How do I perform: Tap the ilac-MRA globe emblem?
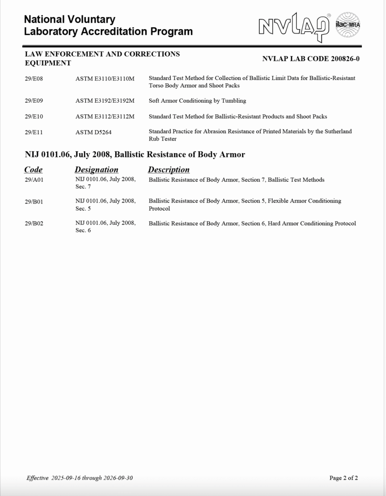click(348, 25)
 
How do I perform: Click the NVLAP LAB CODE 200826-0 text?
click(310, 59)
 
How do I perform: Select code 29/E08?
click(34, 78)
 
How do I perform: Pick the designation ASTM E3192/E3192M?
click(105, 101)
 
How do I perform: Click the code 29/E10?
click(34, 117)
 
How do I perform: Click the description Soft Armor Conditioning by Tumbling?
click(197, 101)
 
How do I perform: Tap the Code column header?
click(33, 170)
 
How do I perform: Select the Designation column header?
click(96, 170)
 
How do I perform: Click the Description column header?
click(169, 170)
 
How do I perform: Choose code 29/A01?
click(34, 180)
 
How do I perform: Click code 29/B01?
click(34, 201)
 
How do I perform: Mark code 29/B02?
click(34, 224)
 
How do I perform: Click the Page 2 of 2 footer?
click(343, 478)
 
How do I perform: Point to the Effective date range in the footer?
click(79, 478)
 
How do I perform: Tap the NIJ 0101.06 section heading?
click(135, 155)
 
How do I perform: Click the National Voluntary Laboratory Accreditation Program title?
click(108, 26)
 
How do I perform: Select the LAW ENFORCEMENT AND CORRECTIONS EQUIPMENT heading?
click(102, 58)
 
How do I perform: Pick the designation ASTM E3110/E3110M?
click(105, 78)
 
